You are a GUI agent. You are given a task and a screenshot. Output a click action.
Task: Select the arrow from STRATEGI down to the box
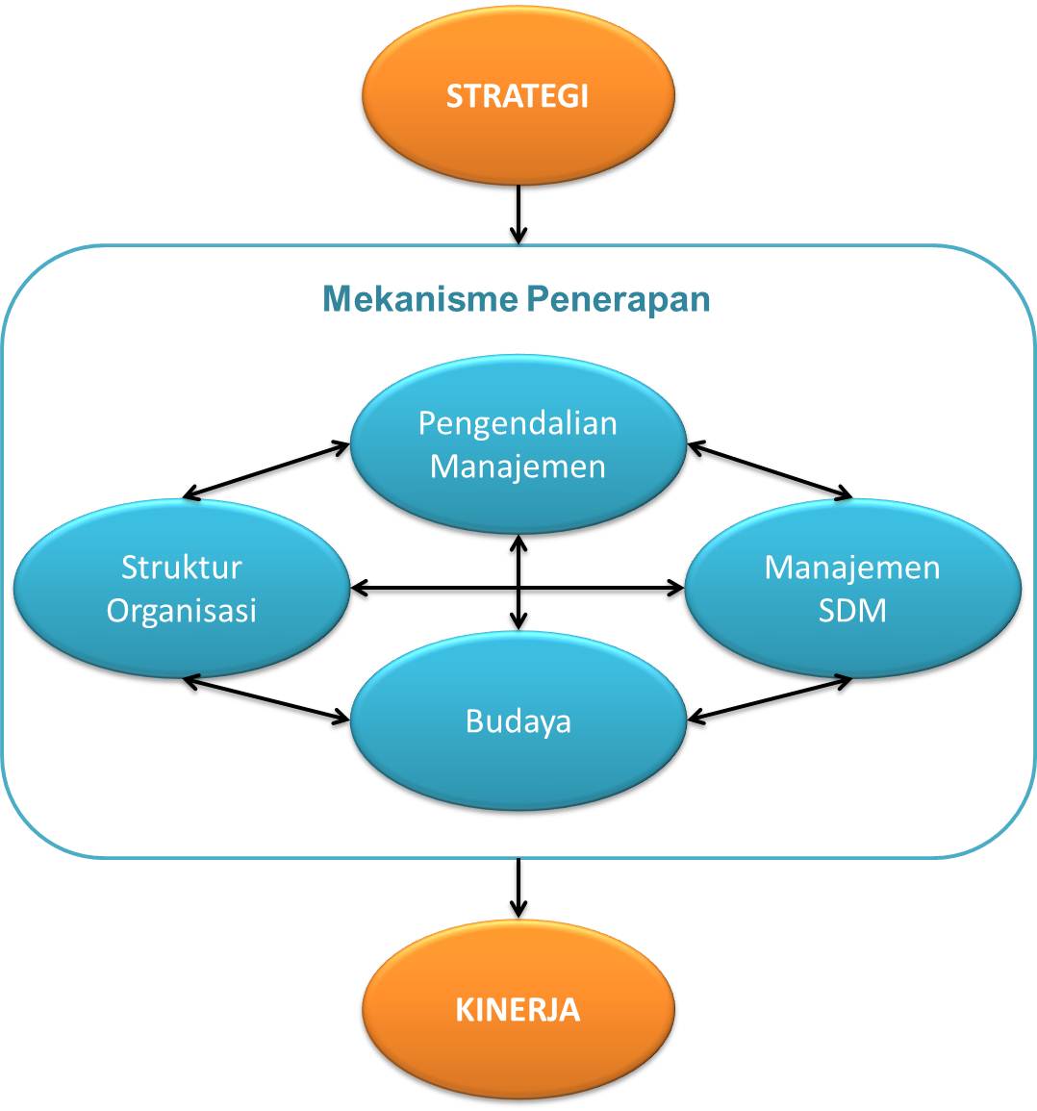[x=518, y=214]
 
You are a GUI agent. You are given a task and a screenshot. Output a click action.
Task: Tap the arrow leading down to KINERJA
[x=518, y=886]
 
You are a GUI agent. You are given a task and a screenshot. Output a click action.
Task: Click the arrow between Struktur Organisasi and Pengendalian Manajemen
[x=266, y=471]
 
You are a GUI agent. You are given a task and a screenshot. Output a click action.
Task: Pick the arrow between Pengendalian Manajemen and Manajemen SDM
[x=770, y=471]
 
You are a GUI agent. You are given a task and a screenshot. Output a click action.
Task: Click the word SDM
[x=851, y=610]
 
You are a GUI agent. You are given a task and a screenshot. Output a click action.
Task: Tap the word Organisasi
[x=182, y=610]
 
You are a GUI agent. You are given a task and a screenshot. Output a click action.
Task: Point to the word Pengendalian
[x=518, y=423]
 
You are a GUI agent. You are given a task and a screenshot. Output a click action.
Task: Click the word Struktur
[x=182, y=568]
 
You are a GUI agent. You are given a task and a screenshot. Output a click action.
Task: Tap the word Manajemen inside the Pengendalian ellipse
[x=518, y=467]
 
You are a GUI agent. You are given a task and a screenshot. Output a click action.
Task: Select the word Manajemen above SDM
[x=851, y=568]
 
